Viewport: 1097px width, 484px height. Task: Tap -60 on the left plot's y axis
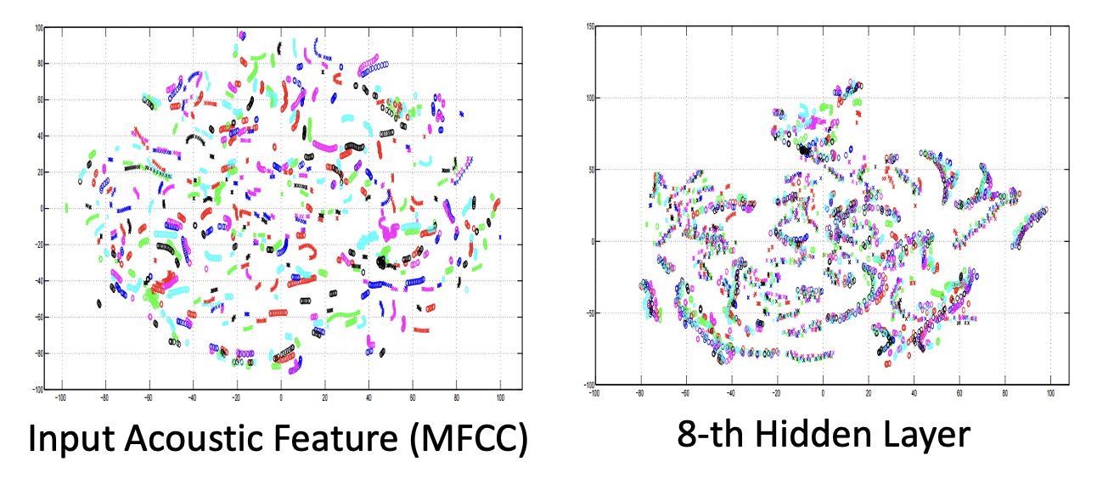coord(37,317)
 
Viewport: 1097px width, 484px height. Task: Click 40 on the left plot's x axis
coord(368,397)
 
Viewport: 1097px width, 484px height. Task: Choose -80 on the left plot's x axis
coord(104,397)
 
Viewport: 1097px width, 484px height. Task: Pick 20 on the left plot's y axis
coord(39,172)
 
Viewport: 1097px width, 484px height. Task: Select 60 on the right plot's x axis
coord(959,393)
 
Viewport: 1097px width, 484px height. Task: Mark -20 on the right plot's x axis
coord(776,393)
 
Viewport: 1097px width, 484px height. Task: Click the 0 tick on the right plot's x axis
coord(823,393)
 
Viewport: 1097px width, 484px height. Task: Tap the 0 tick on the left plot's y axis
coord(41,208)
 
